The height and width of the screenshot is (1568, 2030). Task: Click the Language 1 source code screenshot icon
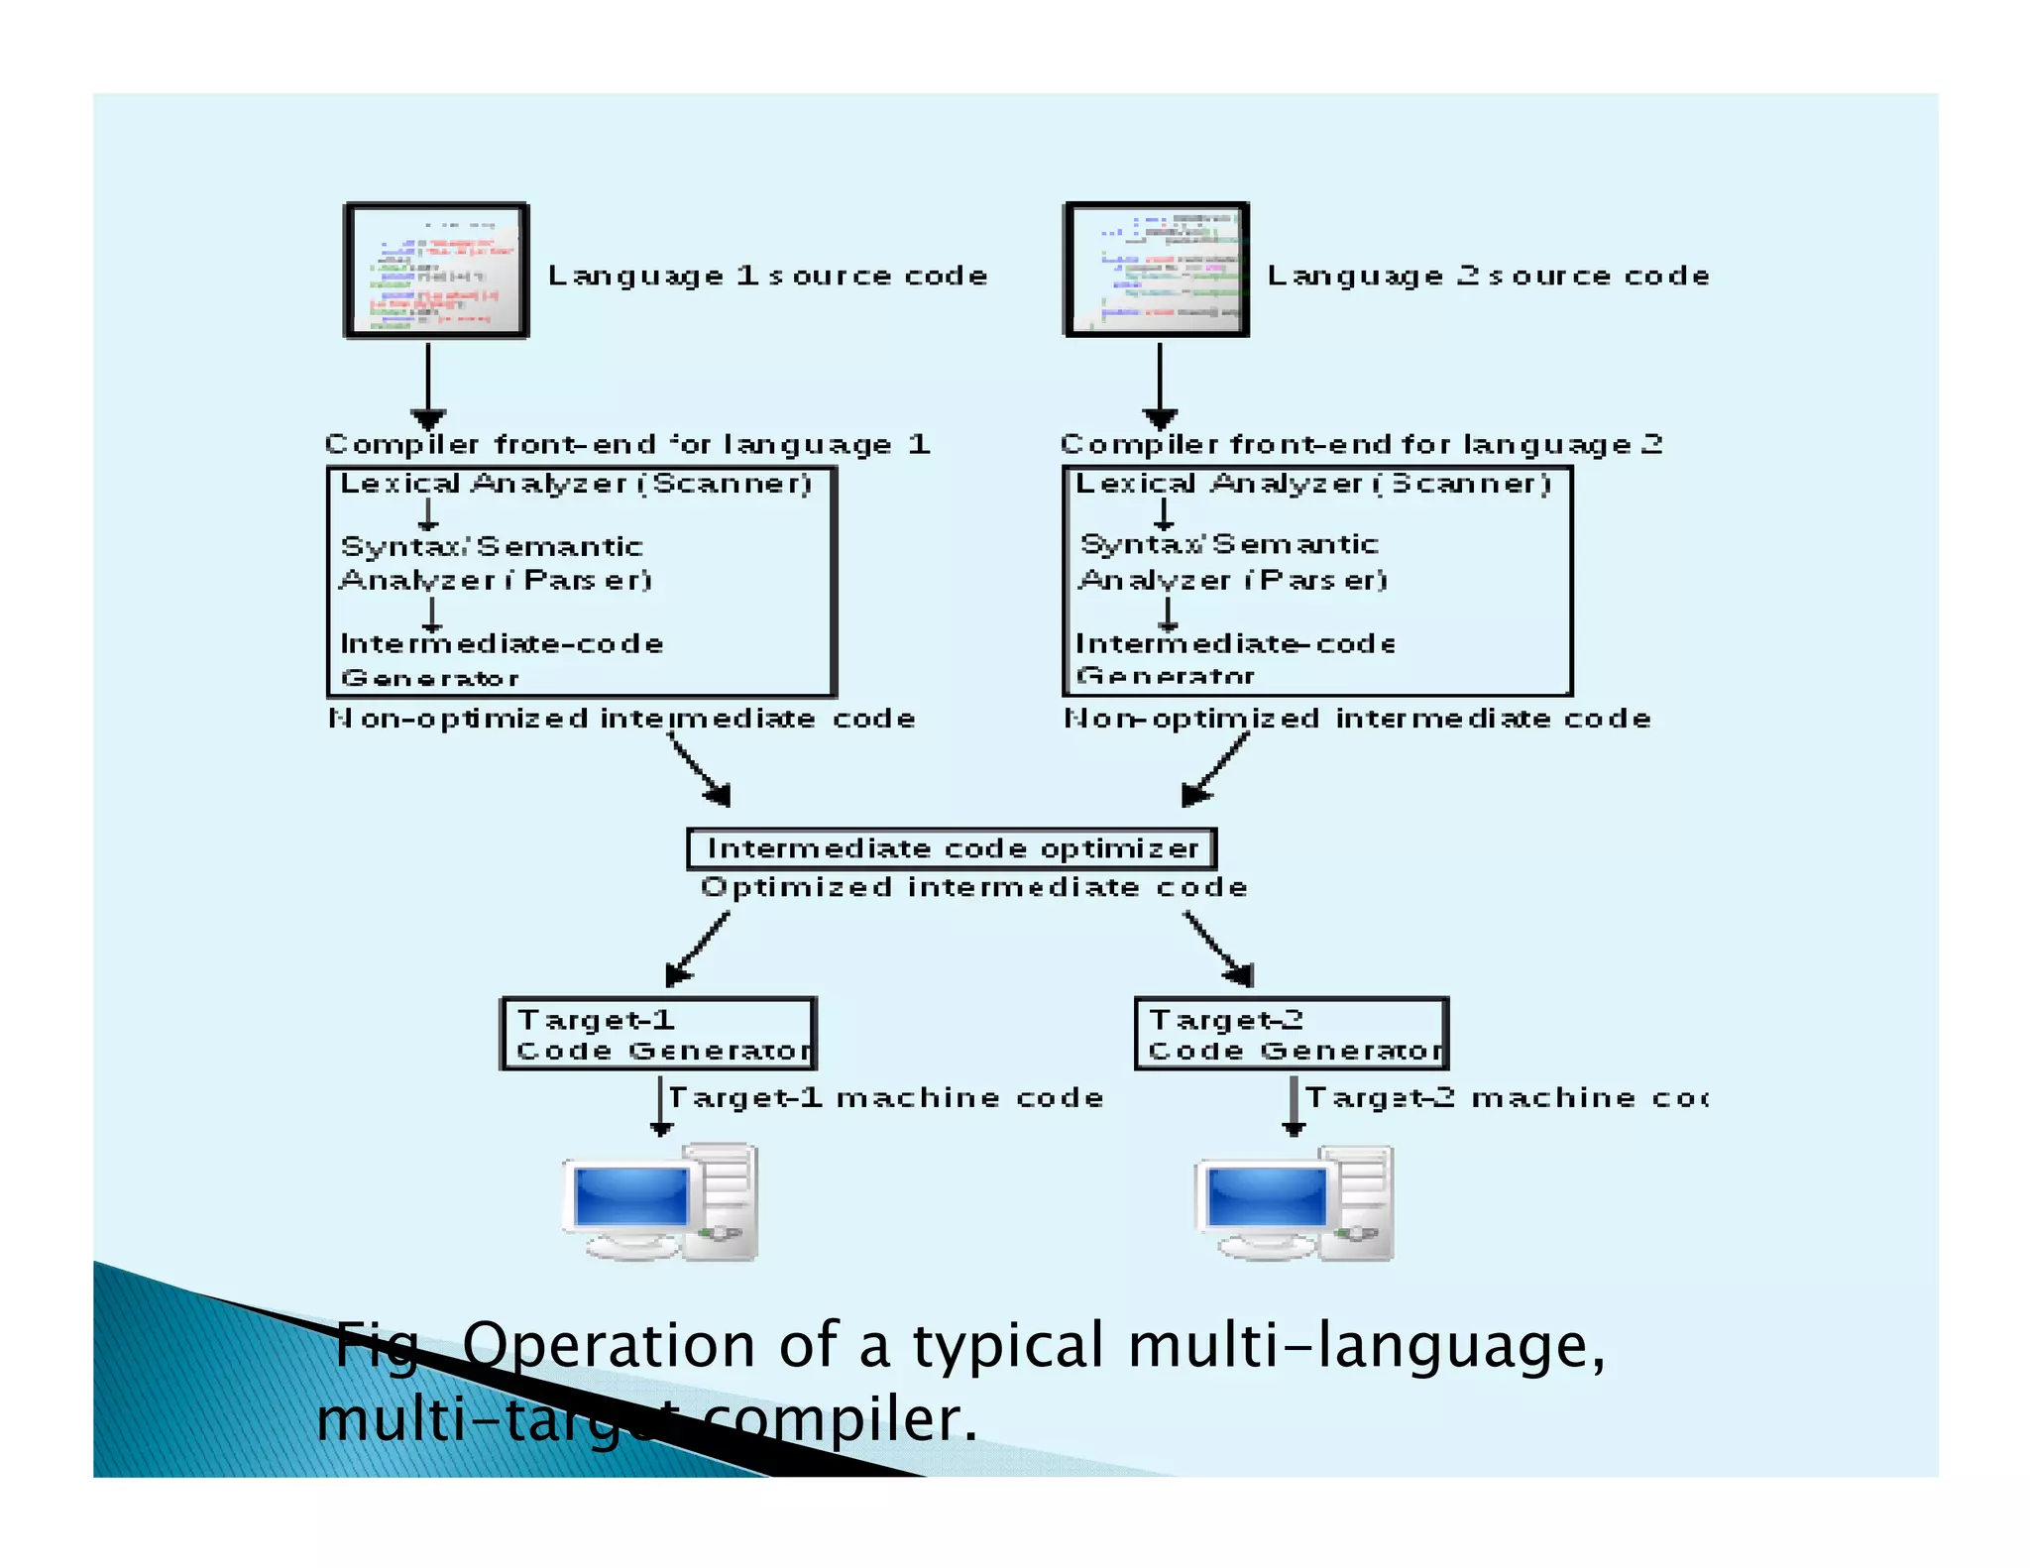[x=436, y=271]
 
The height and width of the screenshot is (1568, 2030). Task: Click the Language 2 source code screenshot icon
[x=1156, y=270]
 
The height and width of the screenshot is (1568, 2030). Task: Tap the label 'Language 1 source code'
[x=767, y=276]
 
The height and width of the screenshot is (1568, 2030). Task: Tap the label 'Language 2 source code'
[x=1487, y=276]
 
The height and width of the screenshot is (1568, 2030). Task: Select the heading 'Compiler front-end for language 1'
[x=626, y=444]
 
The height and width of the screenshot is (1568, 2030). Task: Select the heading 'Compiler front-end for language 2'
[x=1360, y=444]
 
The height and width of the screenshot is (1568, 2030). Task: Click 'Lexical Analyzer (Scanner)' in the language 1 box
[x=576, y=484]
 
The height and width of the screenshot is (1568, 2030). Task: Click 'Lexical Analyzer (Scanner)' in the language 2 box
[x=1312, y=484]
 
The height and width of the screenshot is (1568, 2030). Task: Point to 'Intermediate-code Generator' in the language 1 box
[x=501, y=660]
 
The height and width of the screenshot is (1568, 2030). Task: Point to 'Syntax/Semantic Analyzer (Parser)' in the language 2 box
[x=1232, y=561]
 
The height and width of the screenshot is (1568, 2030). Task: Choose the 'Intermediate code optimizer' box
[x=952, y=848]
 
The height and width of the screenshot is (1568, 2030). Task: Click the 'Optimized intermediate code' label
[x=973, y=887]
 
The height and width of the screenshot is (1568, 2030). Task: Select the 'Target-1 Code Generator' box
[x=658, y=1034]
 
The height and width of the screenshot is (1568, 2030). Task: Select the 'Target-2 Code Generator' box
[x=1291, y=1034]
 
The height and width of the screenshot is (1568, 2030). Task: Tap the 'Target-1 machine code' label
[x=885, y=1098]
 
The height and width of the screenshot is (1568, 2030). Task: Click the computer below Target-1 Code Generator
[x=660, y=1202]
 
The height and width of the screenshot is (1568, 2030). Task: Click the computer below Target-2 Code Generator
[x=1295, y=1202]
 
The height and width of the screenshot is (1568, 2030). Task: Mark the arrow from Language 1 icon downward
[x=428, y=385]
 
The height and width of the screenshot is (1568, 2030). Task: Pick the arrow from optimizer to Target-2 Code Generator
[x=1219, y=949]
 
